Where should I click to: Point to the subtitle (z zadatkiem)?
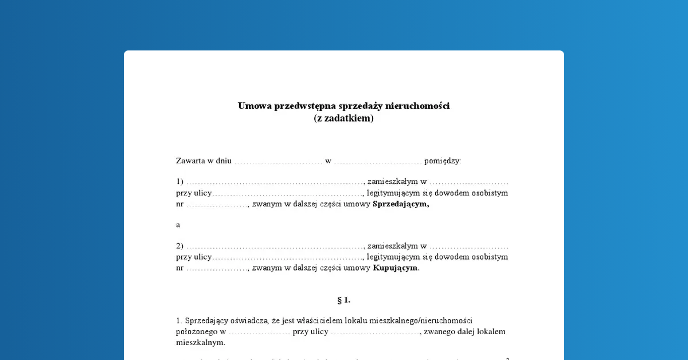[344, 119]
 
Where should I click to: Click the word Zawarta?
[191, 161]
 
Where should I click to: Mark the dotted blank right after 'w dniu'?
[279, 162]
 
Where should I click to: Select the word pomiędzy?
[443, 161]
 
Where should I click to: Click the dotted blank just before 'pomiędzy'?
[378, 162]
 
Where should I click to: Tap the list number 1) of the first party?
[179, 182]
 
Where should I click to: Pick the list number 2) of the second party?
[179, 246]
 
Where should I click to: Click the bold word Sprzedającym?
[400, 204]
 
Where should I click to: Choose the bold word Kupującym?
[396, 268]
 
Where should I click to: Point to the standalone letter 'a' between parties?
[178, 225]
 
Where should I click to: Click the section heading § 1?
[344, 300]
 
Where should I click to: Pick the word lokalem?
[488, 331]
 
